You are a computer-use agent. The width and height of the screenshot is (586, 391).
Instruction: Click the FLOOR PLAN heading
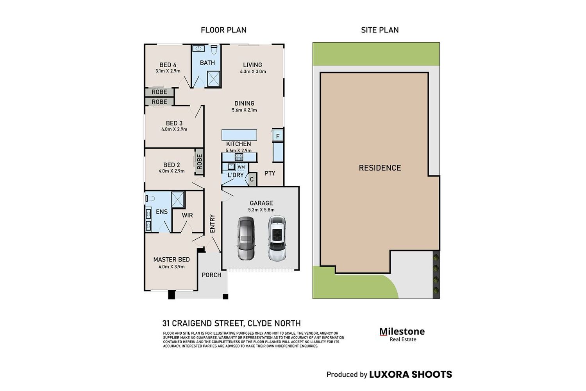click(224, 30)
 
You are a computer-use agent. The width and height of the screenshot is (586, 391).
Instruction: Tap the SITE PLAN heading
click(380, 30)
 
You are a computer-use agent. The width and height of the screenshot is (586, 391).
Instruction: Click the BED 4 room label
click(168, 65)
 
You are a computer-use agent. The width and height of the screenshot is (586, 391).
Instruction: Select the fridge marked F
click(278, 136)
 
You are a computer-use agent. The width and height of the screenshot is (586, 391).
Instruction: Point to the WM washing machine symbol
click(241, 167)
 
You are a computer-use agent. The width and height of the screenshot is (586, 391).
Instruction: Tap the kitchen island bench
click(239, 135)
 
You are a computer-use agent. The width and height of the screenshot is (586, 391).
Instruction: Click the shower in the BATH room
click(213, 79)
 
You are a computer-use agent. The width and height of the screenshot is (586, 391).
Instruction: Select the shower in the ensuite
click(178, 200)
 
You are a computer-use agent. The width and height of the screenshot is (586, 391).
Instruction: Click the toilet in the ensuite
click(150, 199)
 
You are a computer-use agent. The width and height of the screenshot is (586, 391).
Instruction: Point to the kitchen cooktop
click(239, 157)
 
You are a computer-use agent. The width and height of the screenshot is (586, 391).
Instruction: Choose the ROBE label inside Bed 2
click(200, 161)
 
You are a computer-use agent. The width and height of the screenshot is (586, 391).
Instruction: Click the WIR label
click(187, 215)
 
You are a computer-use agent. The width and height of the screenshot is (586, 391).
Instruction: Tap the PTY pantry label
click(270, 173)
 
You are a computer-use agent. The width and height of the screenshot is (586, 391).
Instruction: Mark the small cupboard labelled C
click(252, 179)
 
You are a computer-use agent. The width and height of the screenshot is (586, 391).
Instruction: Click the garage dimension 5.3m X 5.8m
click(261, 210)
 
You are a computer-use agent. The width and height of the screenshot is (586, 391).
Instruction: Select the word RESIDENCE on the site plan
click(380, 168)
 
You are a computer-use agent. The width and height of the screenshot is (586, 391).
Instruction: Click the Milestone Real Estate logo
click(402, 335)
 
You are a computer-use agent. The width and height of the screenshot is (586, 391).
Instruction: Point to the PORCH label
click(212, 275)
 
